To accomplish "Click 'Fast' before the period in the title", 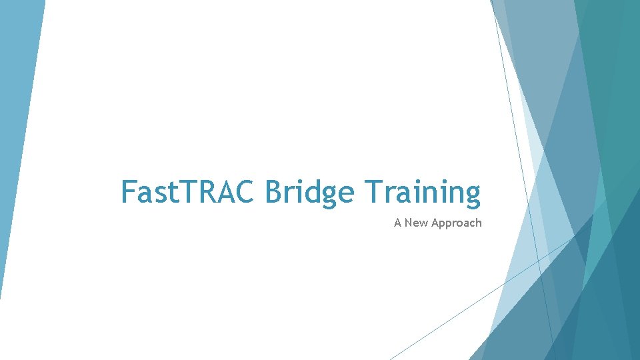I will tap(148, 192).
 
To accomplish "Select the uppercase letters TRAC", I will tap(219, 192).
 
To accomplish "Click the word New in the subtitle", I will tap(416, 223).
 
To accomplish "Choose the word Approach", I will tap(456, 223).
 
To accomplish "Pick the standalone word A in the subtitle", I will tap(397, 223).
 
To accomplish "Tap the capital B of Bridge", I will tap(273, 192).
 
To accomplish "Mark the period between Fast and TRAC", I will tap(177, 202).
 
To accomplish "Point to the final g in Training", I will tap(471, 195).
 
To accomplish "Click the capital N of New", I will tap(408, 223).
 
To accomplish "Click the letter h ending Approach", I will tap(478, 223).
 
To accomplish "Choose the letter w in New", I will tap(423, 223).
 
